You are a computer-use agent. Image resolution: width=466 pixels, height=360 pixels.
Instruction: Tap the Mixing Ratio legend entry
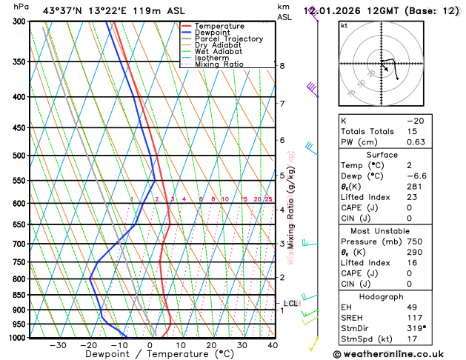pos(219,64)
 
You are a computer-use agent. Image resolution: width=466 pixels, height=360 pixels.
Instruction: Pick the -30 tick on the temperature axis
pos(58,345)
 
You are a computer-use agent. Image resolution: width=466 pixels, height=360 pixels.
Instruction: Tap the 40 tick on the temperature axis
pos(273,345)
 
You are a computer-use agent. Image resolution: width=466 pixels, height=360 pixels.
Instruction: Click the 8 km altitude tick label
pos(282,66)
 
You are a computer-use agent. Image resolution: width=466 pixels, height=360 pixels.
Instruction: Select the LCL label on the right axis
pos(290,303)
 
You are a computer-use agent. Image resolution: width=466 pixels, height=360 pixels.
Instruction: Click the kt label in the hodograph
pos(344,25)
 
